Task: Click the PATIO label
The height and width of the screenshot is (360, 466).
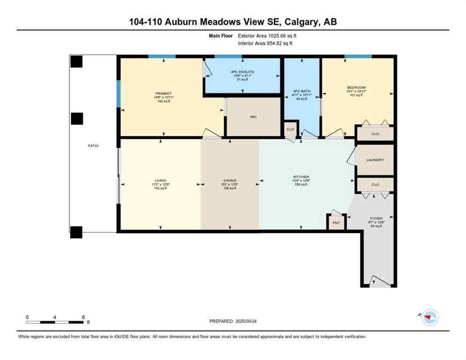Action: (93, 146)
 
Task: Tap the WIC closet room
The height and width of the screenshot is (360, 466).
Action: (254, 117)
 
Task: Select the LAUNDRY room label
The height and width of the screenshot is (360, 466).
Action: (375, 160)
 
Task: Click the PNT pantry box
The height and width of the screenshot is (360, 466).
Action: (336, 223)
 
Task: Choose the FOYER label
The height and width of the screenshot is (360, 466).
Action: (376, 218)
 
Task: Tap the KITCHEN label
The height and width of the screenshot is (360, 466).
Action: (301, 177)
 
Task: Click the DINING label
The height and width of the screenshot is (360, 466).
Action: (230, 180)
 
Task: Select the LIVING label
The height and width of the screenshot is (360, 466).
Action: (161, 180)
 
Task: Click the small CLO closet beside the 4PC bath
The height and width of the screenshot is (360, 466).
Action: (290, 129)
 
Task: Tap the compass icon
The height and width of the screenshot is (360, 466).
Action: (428, 317)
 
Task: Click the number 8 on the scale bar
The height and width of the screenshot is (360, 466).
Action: (83, 317)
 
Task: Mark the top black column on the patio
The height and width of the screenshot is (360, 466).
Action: (76, 61)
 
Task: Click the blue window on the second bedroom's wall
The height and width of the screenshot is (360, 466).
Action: (358, 57)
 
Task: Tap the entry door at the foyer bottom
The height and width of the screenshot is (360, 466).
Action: (379, 282)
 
